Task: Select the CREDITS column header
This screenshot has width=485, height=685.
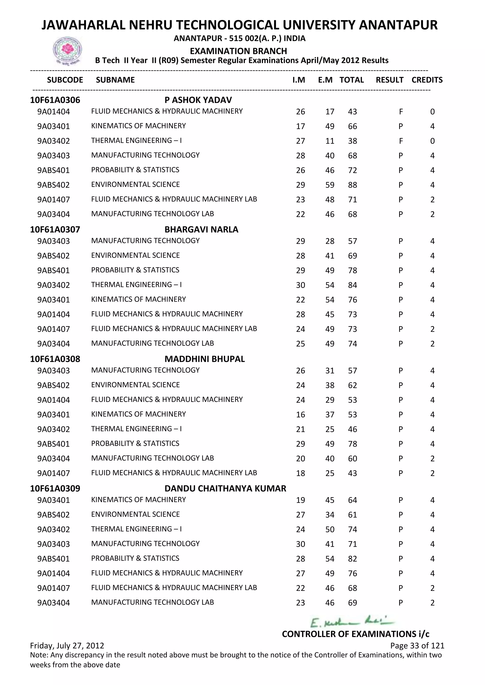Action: point(427,80)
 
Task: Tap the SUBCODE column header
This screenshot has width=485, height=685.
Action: point(65,80)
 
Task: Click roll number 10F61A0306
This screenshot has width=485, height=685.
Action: point(55,100)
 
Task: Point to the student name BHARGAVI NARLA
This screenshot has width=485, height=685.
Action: point(201,229)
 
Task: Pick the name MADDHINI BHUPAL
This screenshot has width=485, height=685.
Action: point(205,359)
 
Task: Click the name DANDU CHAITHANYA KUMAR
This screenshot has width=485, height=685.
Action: point(225,488)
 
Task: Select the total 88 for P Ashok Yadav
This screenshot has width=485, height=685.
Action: point(352,185)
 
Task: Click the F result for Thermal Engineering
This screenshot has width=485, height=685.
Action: point(401,141)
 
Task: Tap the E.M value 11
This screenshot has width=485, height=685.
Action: point(330,141)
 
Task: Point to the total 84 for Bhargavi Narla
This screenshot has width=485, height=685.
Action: point(352,285)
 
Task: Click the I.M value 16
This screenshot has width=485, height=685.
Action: point(301,414)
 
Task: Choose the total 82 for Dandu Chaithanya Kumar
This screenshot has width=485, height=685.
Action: point(352,558)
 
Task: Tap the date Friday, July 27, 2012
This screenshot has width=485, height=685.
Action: point(67,646)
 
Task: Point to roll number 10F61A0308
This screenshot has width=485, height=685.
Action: point(55,359)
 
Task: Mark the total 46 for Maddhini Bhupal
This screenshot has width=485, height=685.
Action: point(352,429)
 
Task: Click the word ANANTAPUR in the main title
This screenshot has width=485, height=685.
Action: point(398,25)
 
